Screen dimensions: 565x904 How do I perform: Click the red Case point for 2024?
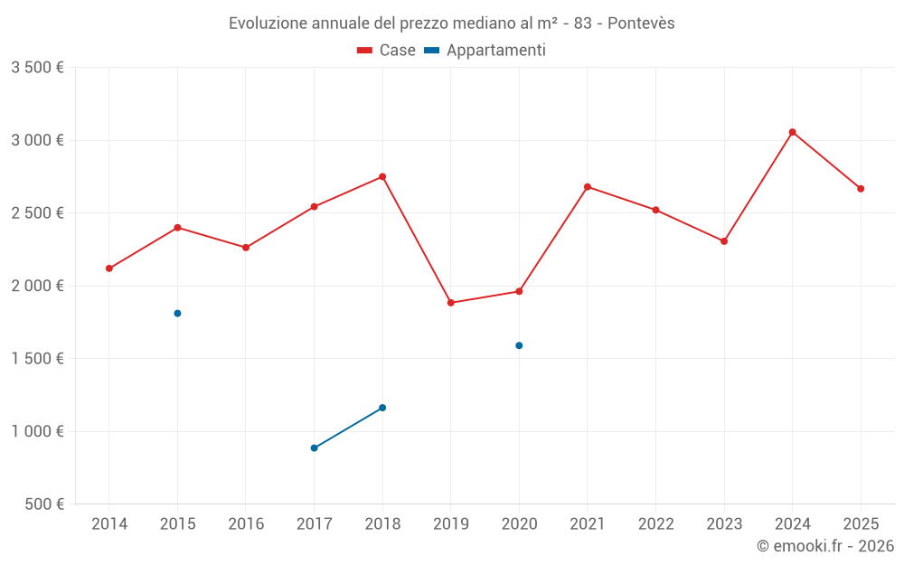click(792, 132)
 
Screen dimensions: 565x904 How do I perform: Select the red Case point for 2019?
click(451, 303)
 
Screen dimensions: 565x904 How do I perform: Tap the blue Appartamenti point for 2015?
click(177, 314)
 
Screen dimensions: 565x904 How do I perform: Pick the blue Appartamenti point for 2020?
click(519, 345)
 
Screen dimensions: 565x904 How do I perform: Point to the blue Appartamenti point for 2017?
click(314, 448)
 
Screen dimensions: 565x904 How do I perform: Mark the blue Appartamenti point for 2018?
click(382, 408)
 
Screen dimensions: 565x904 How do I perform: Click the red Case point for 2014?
click(109, 268)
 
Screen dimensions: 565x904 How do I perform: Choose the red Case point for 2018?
click(382, 176)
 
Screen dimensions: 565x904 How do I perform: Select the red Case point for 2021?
click(588, 187)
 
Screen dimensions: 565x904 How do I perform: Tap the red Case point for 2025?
click(861, 189)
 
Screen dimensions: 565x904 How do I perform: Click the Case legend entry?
click(387, 51)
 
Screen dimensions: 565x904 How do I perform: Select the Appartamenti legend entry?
click(485, 51)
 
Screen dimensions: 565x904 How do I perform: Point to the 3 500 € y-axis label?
click(37, 68)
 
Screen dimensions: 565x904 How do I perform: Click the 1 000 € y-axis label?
click(37, 431)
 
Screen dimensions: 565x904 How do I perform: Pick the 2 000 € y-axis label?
click(37, 286)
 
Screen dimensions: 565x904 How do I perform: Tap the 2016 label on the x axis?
click(246, 524)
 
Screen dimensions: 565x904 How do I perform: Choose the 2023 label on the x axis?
click(724, 524)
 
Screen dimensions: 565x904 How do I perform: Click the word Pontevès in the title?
click(641, 24)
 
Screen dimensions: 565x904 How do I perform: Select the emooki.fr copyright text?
click(824, 546)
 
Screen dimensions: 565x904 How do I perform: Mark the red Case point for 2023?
click(724, 241)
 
